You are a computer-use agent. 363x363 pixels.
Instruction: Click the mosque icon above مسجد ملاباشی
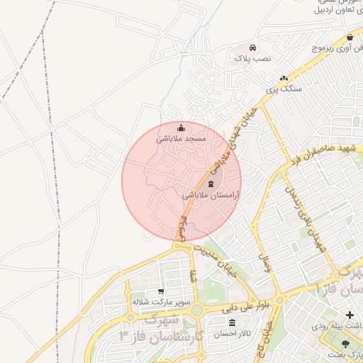(181, 128)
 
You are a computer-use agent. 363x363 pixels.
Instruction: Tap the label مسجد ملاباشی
(181, 139)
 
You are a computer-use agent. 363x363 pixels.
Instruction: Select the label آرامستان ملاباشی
(211, 194)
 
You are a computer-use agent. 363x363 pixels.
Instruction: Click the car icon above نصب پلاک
(243, 48)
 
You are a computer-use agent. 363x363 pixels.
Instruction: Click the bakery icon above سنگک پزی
(284, 79)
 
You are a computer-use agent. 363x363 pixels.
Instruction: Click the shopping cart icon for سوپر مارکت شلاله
(161, 291)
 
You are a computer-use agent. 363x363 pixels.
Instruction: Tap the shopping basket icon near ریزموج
(350, 38)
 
